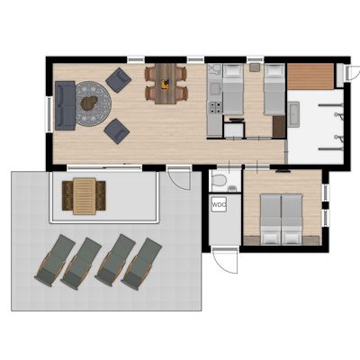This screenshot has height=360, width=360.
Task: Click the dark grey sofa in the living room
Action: pos(65,105)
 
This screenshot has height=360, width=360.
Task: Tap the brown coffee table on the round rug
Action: pos(89,103)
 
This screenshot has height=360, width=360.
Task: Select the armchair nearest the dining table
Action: pos(118,80)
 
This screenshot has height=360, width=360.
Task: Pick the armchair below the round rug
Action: pos(117,131)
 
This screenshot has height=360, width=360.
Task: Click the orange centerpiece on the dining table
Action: pos(165,85)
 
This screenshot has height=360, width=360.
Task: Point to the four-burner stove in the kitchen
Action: pos(216,108)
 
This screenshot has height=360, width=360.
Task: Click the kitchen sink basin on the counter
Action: pos(214,88)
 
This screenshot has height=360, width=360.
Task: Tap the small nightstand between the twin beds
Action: pos(255,67)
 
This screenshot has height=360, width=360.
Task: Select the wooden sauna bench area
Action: pos(310,76)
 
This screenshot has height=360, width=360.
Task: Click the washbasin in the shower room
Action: pos(293,114)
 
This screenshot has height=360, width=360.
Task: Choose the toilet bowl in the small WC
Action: pos(219,181)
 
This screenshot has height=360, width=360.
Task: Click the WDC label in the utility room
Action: pos(219,205)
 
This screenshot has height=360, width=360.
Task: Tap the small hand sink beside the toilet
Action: pos(231,188)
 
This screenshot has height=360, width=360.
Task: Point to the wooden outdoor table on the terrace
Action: pos(85,196)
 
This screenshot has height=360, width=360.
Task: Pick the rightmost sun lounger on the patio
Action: pos(141,264)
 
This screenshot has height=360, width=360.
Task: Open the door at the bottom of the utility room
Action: pos(225,260)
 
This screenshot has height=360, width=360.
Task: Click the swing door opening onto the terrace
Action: pos(179,179)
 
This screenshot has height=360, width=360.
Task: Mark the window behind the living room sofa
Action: pos(49,114)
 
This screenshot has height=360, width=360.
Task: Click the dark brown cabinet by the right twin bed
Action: pos(279,126)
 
